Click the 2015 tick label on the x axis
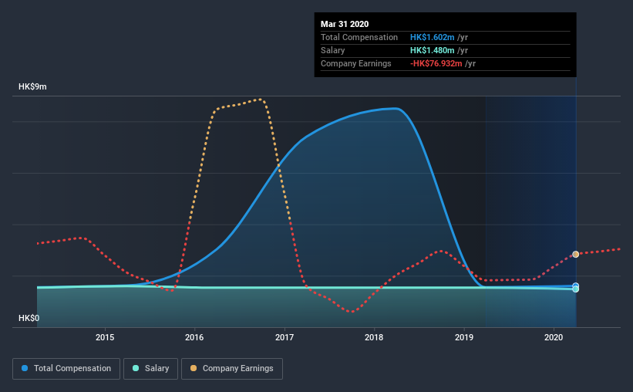pyautogui.click(x=105, y=337)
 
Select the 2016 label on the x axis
pyautogui.click(x=194, y=337)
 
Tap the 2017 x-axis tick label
pyautogui.click(x=285, y=337)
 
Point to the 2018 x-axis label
pyautogui.click(x=374, y=337)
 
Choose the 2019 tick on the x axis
pyautogui.click(x=464, y=337)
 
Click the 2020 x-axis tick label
pyautogui.click(x=554, y=337)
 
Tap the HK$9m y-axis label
pyautogui.click(x=32, y=87)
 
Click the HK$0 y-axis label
pyautogui.click(x=29, y=318)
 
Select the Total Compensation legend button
pyautogui.click(x=66, y=369)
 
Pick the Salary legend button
pyautogui.click(x=150, y=369)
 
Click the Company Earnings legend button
pyautogui.click(x=232, y=369)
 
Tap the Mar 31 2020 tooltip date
pyautogui.click(x=345, y=24)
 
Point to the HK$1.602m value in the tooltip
pyautogui.click(x=433, y=37)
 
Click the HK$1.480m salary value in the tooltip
pyautogui.click(x=433, y=50)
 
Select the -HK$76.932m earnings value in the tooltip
pyautogui.click(x=436, y=63)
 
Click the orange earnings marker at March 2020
pyautogui.click(x=576, y=254)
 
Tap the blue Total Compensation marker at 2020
pyautogui.click(x=576, y=286)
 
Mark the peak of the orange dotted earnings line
pyautogui.click(x=261, y=99)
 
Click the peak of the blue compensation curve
pyautogui.click(x=396, y=108)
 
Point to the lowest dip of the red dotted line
pyautogui.click(x=352, y=312)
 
